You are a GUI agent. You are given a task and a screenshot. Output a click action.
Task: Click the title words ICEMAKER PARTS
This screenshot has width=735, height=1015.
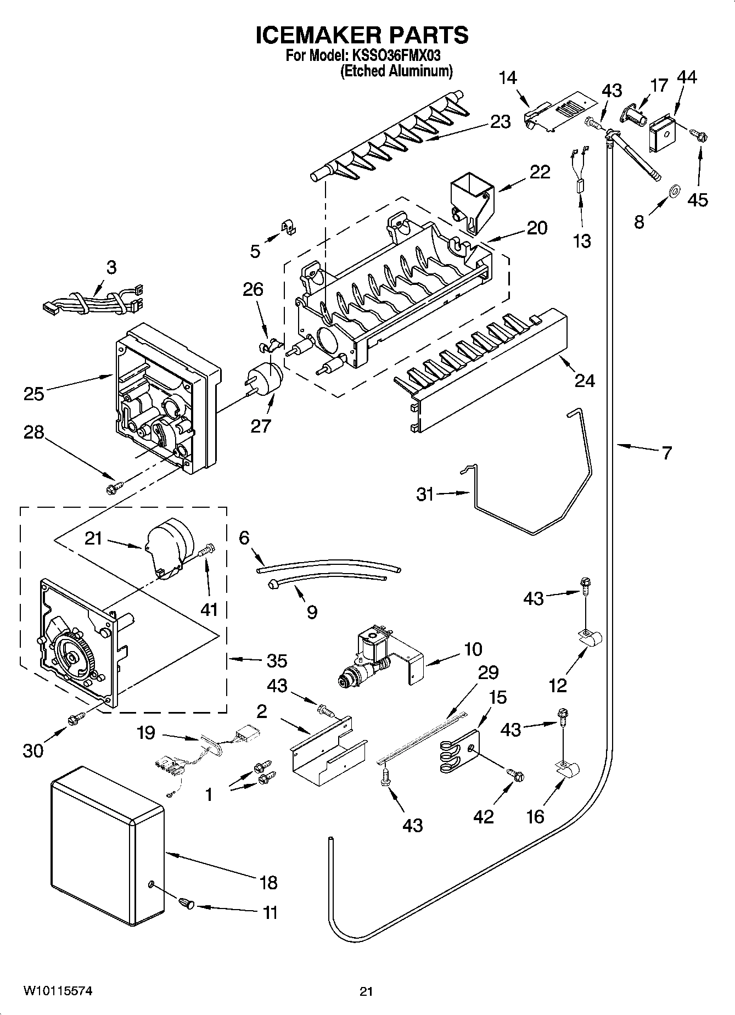click(362, 35)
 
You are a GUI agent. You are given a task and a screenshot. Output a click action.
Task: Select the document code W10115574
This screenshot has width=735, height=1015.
click(57, 991)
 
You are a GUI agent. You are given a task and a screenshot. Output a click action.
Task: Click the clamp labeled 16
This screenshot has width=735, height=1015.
click(565, 770)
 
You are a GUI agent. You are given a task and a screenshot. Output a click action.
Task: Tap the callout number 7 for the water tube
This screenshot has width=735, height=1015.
click(666, 453)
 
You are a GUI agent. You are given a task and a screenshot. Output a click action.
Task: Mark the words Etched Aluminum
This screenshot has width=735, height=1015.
click(396, 71)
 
